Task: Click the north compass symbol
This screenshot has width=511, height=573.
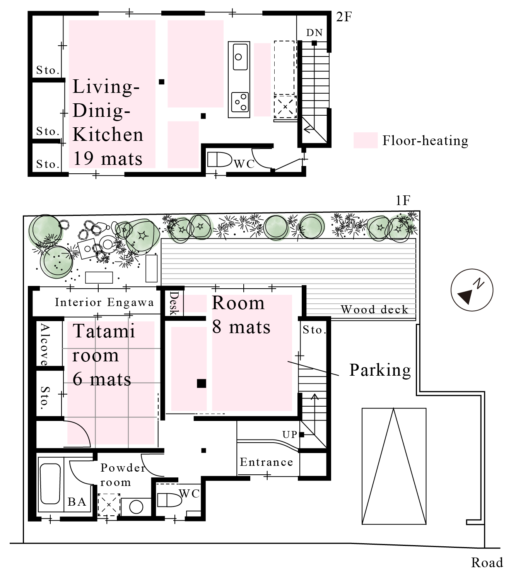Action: pyautogui.click(x=472, y=290)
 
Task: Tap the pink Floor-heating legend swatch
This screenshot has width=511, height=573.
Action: pyautogui.click(x=365, y=140)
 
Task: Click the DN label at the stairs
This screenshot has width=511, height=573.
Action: pyautogui.click(x=314, y=33)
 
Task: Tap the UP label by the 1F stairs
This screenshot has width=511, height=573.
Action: pyautogui.click(x=289, y=434)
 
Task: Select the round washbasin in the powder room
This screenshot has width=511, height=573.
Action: pyautogui.click(x=136, y=507)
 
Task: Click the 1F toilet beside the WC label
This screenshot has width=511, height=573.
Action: pyautogui.click(x=169, y=500)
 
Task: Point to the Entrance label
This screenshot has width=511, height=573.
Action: pyautogui.click(x=266, y=462)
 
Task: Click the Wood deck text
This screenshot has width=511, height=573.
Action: pyautogui.click(x=374, y=310)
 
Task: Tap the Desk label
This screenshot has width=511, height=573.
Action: pyautogui.click(x=173, y=303)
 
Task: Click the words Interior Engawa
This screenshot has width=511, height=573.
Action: pyautogui.click(x=104, y=302)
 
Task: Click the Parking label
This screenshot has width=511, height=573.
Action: pyautogui.click(x=380, y=370)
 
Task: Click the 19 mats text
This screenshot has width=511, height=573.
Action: pyautogui.click(x=108, y=159)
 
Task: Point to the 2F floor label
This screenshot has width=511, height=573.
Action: pyautogui.click(x=343, y=17)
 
